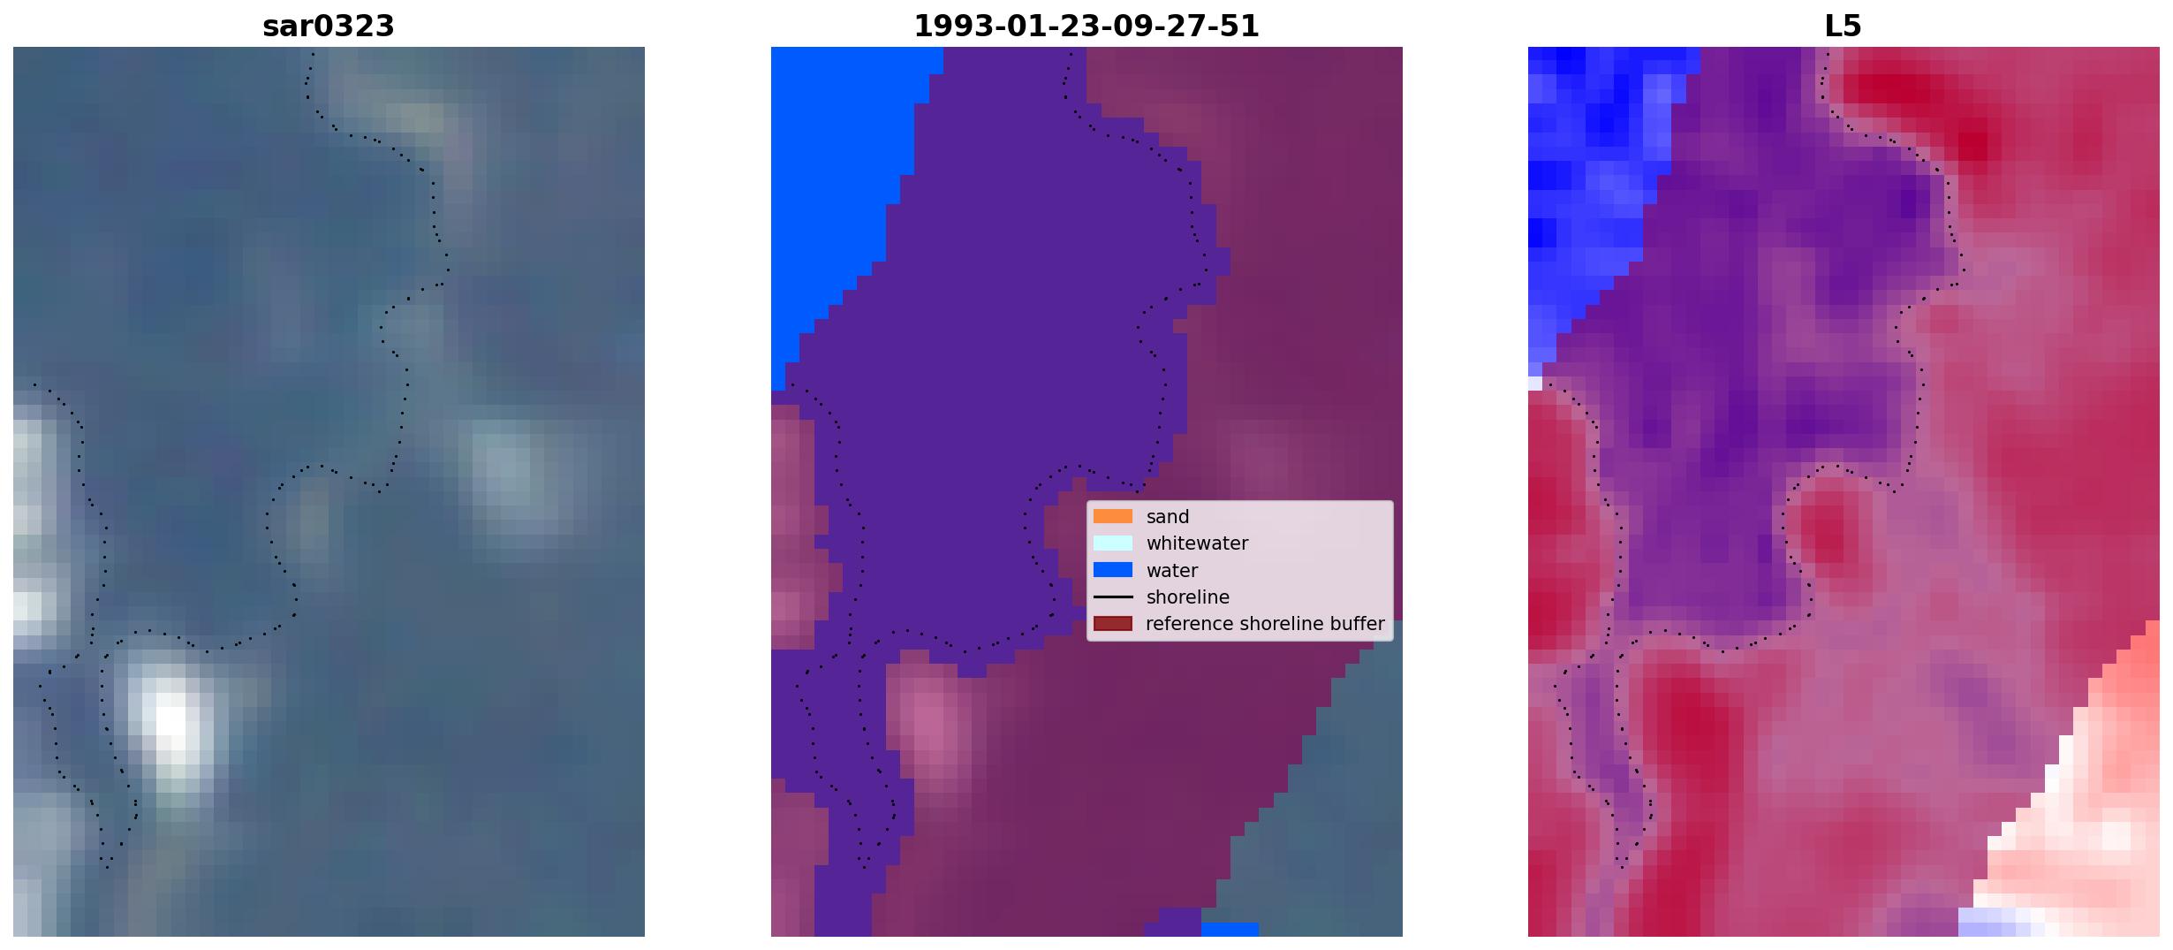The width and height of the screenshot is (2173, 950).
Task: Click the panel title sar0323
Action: click(x=329, y=27)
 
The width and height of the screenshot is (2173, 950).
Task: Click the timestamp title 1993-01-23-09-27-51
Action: click(x=1086, y=27)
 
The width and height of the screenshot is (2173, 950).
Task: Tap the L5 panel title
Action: click(x=1844, y=27)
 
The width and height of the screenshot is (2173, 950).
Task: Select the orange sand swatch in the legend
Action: click(x=1113, y=516)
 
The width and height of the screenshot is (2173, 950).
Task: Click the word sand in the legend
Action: click(x=1168, y=517)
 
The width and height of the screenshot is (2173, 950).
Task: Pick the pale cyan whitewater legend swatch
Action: click(x=1113, y=543)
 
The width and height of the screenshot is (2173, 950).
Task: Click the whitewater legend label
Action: click(x=1197, y=543)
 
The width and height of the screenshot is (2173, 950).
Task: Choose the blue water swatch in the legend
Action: click(x=1113, y=570)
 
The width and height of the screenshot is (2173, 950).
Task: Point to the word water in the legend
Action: click(x=1172, y=571)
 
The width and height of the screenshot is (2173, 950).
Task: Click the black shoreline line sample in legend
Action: click(x=1113, y=597)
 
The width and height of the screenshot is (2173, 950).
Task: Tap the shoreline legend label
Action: click(x=1188, y=597)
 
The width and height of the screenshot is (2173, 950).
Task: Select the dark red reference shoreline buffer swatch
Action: click(x=1113, y=624)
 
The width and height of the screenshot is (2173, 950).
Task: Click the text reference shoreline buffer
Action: click(x=1265, y=624)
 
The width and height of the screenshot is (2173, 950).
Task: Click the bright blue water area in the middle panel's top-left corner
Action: click(x=839, y=177)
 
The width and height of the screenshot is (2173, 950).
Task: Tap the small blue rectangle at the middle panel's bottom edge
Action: click(x=1230, y=930)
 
